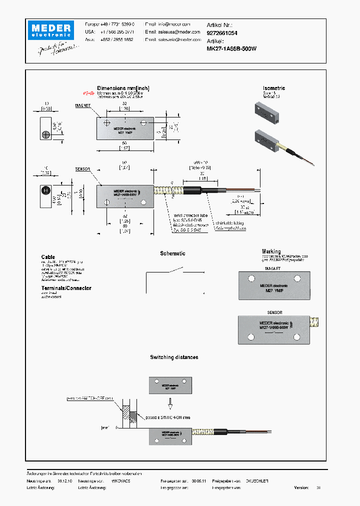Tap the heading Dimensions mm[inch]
pos(123,88)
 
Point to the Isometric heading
pos(274,88)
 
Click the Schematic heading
pos(172,253)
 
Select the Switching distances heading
pos(174,357)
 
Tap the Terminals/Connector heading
pos(66,288)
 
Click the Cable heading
pos(48,257)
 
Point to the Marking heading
pos(271,251)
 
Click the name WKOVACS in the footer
pos(120,480)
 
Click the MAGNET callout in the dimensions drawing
pos(82,106)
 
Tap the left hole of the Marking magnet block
pos(248,278)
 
